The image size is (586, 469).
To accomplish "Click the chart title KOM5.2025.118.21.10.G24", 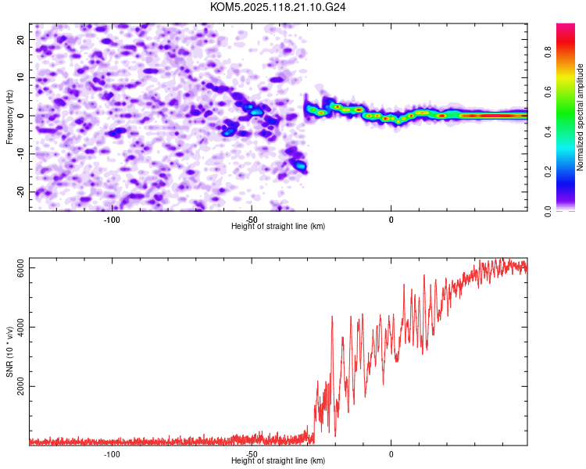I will pyautogui.click(x=278, y=7).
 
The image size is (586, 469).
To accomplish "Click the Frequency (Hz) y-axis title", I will pyautogui.click(x=9, y=116).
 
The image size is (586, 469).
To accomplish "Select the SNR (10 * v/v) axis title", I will pyautogui.click(x=9, y=352).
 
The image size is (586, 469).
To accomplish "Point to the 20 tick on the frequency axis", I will pyautogui.click(x=22, y=39).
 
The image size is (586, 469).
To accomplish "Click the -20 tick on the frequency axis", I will pyautogui.click(x=20, y=192).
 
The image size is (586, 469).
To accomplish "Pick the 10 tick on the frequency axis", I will pyautogui.click(x=22, y=77).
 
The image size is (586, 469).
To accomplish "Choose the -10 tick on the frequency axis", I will pyautogui.click(x=20, y=154).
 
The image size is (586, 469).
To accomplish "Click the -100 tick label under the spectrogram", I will pyautogui.click(x=112, y=220).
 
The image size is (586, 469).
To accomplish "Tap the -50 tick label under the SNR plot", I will pyautogui.click(x=251, y=454).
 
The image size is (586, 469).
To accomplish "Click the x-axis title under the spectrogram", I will pyautogui.click(x=278, y=227).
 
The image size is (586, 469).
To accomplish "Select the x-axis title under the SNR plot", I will pyautogui.click(x=278, y=461).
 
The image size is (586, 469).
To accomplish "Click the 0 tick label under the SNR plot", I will pyautogui.click(x=391, y=454).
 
